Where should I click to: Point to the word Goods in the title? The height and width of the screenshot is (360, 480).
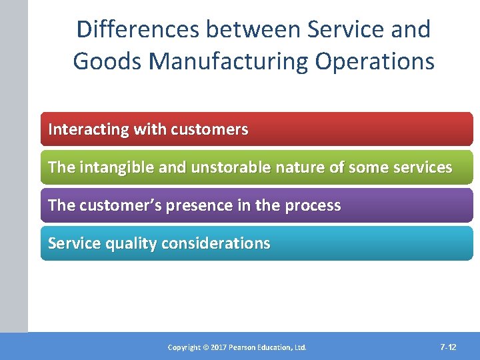pos(107,61)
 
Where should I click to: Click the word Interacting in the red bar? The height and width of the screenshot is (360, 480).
pos(88,129)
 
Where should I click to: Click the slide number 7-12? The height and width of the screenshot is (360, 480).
pos(448,347)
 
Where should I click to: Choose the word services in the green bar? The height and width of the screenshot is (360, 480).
pos(421,167)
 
